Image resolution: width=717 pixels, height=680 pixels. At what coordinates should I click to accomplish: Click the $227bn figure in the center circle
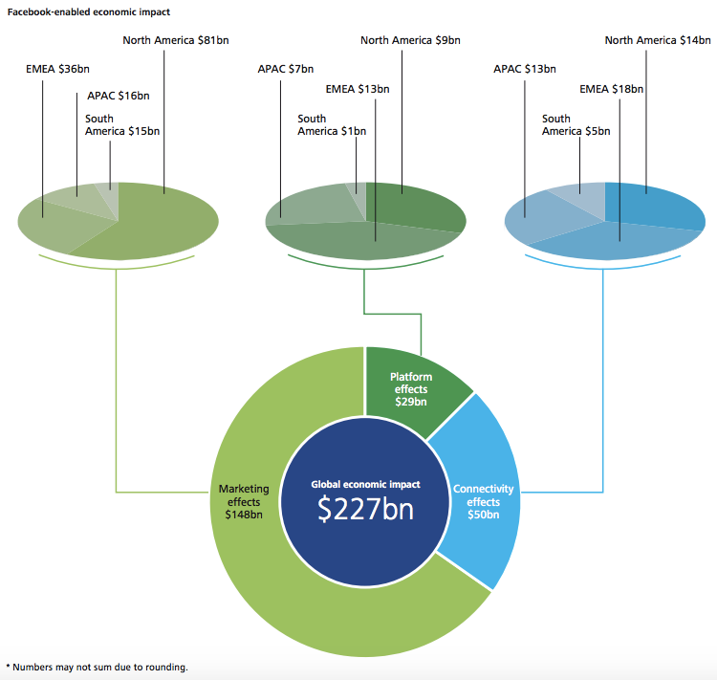coord(365,509)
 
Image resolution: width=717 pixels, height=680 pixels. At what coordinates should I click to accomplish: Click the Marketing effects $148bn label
coord(244,501)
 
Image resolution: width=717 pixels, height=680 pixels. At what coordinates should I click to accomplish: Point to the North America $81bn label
coord(176,40)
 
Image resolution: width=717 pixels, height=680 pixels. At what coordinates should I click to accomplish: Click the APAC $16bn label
coord(113,96)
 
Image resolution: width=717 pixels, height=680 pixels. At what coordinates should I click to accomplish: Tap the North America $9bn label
coord(409,40)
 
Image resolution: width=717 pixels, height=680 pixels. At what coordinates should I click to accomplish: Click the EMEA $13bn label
coord(358,89)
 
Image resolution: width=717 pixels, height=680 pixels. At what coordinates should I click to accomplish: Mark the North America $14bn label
coord(658,40)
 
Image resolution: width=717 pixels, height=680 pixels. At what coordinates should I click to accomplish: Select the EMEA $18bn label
coord(612,89)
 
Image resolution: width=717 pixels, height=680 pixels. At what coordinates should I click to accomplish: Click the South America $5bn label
coord(576,125)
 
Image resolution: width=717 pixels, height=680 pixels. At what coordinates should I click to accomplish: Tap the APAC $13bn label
coord(525,69)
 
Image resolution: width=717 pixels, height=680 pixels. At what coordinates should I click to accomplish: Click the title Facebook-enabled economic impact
coord(89,11)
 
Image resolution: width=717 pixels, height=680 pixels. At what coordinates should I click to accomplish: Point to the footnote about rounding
coord(98,667)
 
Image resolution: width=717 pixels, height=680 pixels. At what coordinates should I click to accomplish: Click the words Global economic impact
coord(365,485)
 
